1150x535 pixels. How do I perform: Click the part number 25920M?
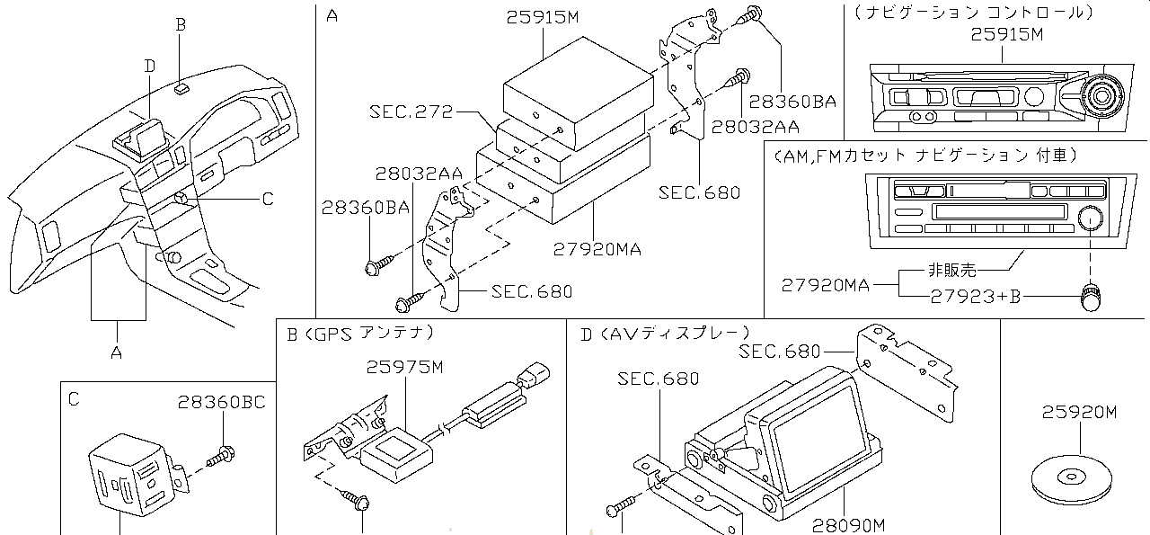click(1079, 413)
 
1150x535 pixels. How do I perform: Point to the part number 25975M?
click(404, 367)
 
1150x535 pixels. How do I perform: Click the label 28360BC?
click(221, 402)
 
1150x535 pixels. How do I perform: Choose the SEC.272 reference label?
click(411, 111)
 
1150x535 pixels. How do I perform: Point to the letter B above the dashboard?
click(181, 25)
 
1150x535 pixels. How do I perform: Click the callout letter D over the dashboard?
click(149, 65)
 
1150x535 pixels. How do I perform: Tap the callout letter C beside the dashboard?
click(267, 200)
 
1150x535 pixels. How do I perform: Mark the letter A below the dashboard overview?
click(116, 353)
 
